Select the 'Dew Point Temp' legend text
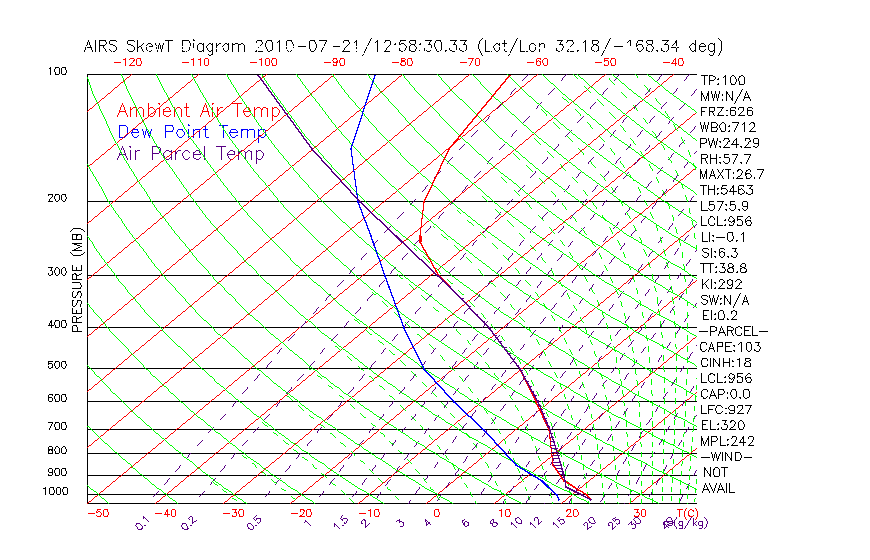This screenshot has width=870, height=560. point(192,132)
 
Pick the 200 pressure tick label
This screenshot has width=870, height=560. point(56,198)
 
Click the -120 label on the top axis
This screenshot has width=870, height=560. point(128,62)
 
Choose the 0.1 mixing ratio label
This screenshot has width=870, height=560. point(142,523)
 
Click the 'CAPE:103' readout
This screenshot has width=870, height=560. point(729,347)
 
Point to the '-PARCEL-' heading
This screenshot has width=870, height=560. point(733,331)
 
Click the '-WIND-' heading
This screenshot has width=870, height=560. point(725,456)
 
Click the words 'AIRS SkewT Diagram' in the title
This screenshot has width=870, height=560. point(166,46)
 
